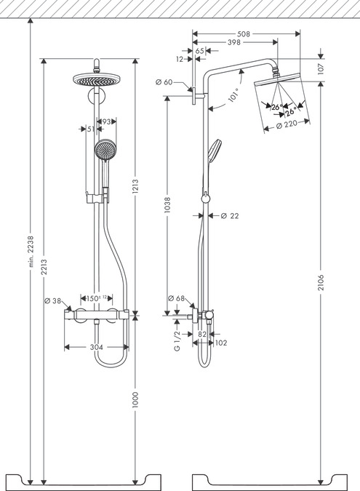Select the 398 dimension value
[x=234, y=43]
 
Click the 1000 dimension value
[x=135, y=400]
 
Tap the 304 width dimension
[x=96, y=347]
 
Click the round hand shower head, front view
[x=105, y=151]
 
